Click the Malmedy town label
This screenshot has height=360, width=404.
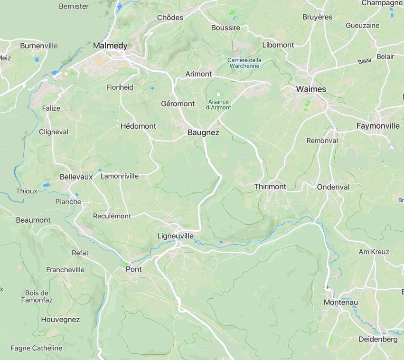(x=110, y=46)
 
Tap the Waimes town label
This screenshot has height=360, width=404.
(x=311, y=89)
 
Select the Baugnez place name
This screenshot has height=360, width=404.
(x=203, y=133)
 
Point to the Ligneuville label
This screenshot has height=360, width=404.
(x=175, y=236)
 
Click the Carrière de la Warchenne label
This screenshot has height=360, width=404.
(x=244, y=63)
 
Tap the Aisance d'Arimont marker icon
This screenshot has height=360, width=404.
(x=218, y=95)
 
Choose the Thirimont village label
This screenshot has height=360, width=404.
(x=270, y=187)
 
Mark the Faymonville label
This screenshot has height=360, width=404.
(x=378, y=126)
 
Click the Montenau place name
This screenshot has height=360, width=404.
(x=340, y=302)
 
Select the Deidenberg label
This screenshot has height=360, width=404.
(x=378, y=339)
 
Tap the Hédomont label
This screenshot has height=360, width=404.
(x=138, y=126)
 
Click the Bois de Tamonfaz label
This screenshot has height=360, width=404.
(x=37, y=296)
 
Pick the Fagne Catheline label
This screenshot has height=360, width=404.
(x=37, y=348)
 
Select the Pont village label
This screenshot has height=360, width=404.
(x=133, y=269)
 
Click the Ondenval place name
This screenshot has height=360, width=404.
(x=333, y=187)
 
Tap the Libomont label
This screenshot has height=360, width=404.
(x=278, y=45)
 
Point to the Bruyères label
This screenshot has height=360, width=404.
(x=317, y=17)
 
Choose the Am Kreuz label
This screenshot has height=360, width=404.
(x=374, y=252)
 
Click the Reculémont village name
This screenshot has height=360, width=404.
(x=112, y=216)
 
